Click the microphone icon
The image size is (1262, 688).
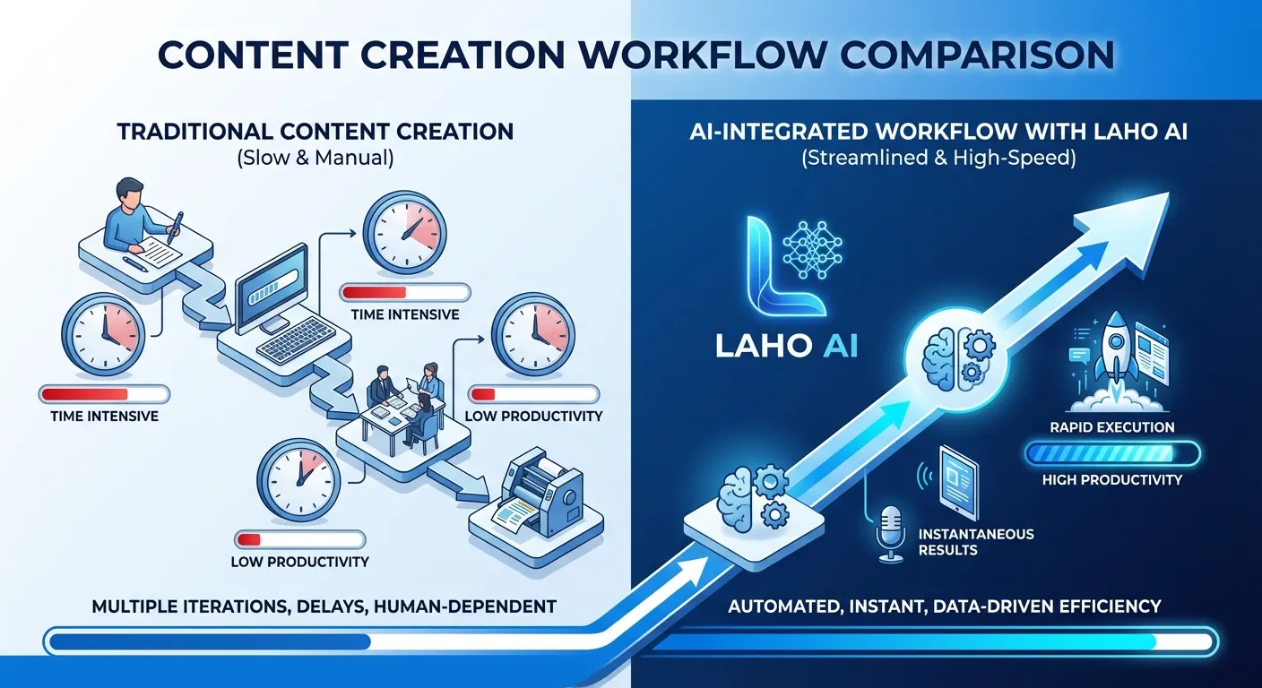point(890,533)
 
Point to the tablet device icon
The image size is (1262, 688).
point(959,483)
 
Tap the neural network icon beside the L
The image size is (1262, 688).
point(812,249)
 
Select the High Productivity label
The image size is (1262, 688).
point(1111,480)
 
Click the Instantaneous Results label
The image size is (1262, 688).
point(976,542)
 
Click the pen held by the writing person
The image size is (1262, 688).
point(175,228)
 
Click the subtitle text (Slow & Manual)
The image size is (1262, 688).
point(315,158)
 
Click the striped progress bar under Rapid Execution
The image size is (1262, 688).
point(1112,454)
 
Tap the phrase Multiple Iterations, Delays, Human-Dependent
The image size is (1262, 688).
point(324,606)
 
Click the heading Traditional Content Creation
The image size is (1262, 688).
point(315,132)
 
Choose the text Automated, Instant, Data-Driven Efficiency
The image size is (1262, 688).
point(945,606)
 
